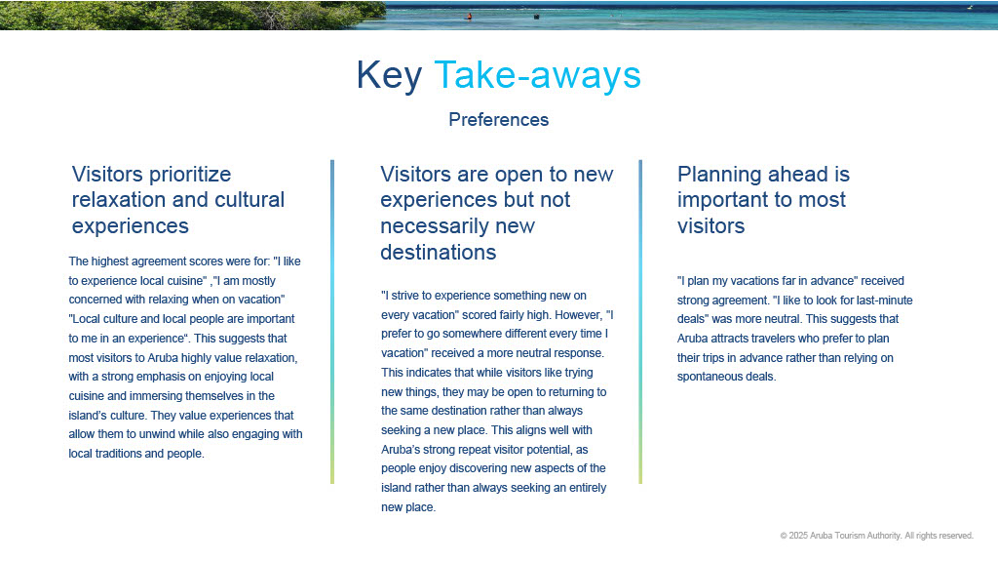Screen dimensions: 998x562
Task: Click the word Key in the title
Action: click(389, 76)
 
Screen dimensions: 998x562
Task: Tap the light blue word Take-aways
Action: click(537, 76)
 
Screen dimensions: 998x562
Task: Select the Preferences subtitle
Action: click(498, 120)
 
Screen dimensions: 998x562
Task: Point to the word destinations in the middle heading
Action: click(438, 253)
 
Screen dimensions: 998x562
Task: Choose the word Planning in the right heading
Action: click(719, 175)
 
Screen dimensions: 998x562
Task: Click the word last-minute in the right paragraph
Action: click(883, 301)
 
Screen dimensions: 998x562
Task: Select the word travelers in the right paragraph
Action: click(775, 339)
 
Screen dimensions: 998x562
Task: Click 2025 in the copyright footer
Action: click(798, 536)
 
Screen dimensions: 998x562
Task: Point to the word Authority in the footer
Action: click(883, 536)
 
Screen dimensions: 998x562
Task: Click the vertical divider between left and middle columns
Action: click(332, 322)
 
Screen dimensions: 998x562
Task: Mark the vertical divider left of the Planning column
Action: click(640, 322)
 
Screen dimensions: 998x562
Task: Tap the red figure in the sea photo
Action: click(470, 17)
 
